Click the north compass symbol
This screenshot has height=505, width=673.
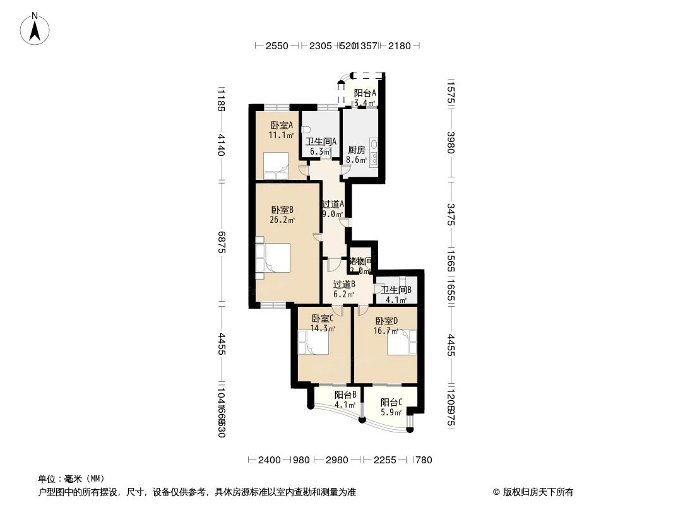click(36, 28)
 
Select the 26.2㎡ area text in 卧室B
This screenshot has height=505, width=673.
click(282, 220)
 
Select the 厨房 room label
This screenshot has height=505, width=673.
click(357, 150)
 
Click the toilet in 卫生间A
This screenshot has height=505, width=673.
click(306, 129)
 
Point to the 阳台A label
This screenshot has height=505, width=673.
click(365, 93)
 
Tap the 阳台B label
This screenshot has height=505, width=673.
click(346, 395)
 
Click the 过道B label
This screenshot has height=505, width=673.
click(344, 284)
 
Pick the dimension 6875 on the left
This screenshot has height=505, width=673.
click(221, 242)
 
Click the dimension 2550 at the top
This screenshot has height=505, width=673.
click(277, 45)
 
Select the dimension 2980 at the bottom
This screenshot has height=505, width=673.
click(337, 460)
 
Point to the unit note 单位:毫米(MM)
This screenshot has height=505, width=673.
click(71, 478)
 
